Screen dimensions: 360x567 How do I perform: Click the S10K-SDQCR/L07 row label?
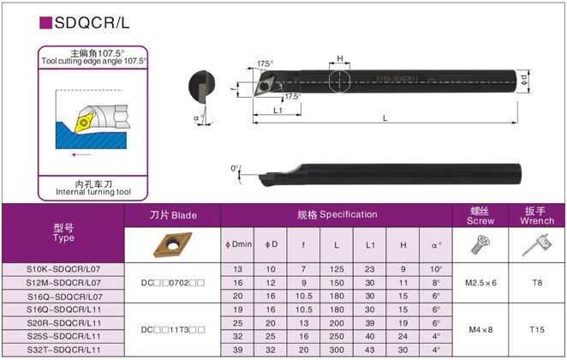tap(63, 269)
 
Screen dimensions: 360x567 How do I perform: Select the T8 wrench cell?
tap(537, 283)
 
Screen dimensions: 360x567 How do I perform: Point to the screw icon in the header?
tap(481, 245)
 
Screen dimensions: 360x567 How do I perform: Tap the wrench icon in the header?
tap(536, 246)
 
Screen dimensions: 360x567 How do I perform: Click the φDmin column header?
tap(237, 244)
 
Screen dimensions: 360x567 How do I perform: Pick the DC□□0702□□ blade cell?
tap(173, 283)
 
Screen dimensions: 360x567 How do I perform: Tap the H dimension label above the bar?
tap(340, 59)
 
